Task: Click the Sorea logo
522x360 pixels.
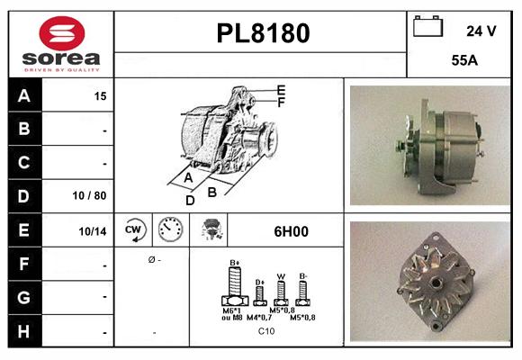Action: (x=60, y=45)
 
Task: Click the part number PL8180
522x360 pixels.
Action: (x=263, y=33)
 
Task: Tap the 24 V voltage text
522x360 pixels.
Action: (x=481, y=31)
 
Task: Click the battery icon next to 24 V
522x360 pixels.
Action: (x=427, y=28)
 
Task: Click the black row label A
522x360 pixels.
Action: (x=24, y=94)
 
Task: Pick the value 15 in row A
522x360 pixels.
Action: (x=100, y=95)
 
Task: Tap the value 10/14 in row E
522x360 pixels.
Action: (x=94, y=231)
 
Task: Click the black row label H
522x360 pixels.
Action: (x=24, y=331)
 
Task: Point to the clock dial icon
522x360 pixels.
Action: (x=170, y=230)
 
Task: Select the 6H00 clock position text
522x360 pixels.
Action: (x=291, y=231)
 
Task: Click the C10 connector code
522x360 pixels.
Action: (x=266, y=331)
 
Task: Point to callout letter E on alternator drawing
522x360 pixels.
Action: (x=281, y=90)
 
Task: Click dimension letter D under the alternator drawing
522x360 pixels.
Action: (x=190, y=200)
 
